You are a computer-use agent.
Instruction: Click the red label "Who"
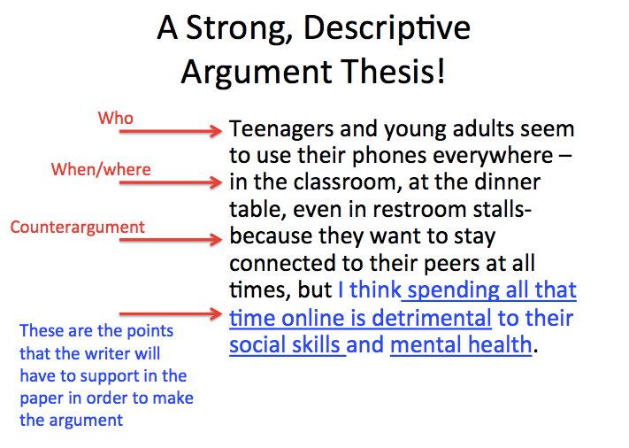pyautogui.click(x=115, y=118)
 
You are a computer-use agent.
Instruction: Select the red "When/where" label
pyautogui.click(x=101, y=169)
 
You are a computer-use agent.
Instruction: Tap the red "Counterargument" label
pyautogui.click(x=78, y=228)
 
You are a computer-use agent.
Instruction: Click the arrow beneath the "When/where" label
pyautogui.click(x=169, y=184)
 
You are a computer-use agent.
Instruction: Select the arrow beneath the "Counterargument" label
pyautogui.click(x=169, y=239)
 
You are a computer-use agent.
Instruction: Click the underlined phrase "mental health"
pyautogui.click(x=461, y=344)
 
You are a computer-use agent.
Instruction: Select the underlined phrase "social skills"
pyautogui.click(x=287, y=344)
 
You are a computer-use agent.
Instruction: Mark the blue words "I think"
pyautogui.click(x=369, y=290)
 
